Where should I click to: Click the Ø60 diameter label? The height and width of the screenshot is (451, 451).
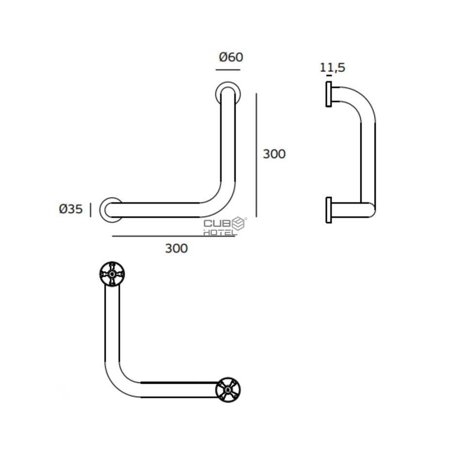coord(231,57)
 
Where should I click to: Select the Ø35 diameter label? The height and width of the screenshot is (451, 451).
coord(70,209)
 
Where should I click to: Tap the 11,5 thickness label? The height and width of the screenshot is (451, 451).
coord(333,67)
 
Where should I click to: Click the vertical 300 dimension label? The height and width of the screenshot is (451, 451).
coord(274,154)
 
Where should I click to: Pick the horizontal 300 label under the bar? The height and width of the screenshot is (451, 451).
coord(176,248)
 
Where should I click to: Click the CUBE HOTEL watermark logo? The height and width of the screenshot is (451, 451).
coord(225,226)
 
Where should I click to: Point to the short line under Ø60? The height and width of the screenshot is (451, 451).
coord(228,70)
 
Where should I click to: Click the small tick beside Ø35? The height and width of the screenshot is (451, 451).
coord(90,209)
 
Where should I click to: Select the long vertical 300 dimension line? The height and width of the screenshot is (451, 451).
coord(256,155)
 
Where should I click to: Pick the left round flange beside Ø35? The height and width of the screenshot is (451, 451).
coord(111,209)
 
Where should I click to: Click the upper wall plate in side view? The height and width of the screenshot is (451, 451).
coord(329,94)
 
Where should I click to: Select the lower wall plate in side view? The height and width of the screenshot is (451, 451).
coord(329,210)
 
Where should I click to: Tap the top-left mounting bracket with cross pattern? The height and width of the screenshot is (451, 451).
coord(113,274)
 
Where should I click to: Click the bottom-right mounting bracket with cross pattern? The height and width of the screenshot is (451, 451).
coord(228,389)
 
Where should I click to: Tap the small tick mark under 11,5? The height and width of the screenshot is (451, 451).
coord(329,76)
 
